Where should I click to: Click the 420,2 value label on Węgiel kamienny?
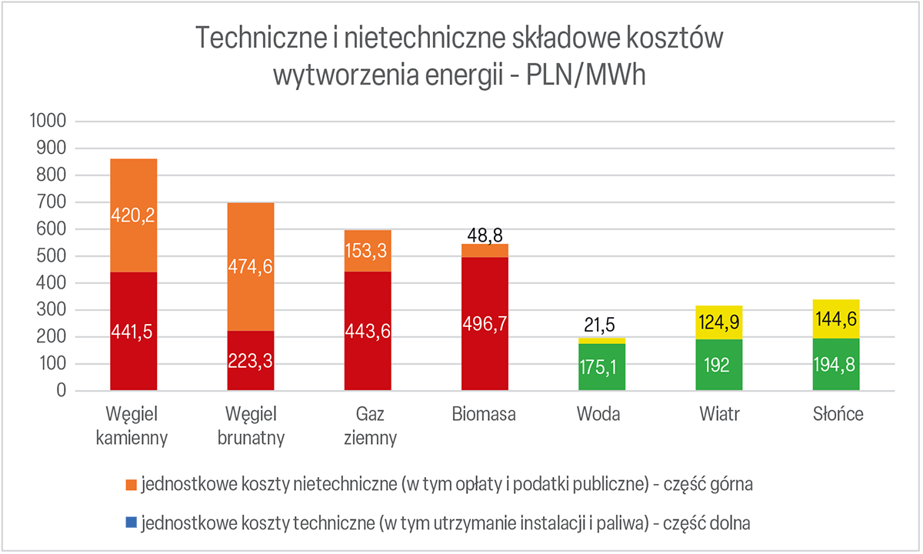tap(134, 217)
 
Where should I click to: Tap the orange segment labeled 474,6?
tap(251, 266)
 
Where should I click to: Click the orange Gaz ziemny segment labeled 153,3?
tap(368, 251)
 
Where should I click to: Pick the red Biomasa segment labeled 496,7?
tap(485, 323)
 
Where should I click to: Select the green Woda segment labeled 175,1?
tap(601, 366)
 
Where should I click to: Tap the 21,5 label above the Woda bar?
tap(601, 325)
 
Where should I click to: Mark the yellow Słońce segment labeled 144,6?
tap(836, 319)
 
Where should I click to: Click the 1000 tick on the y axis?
tap(48, 122)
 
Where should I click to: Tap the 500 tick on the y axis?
tap(52, 256)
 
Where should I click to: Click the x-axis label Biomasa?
tap(485, 415)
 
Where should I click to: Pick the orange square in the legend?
tap(131, 486)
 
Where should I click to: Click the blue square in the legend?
tap(131, 524)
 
